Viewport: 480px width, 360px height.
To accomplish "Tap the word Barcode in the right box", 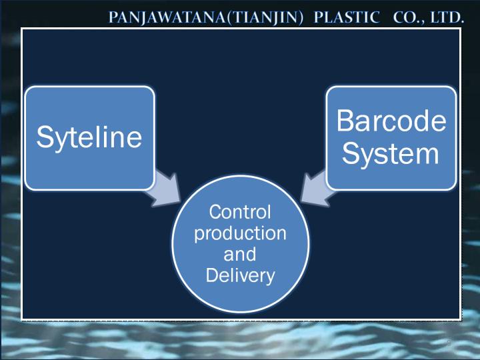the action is [x=391, y=121].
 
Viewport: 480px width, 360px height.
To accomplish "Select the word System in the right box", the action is [x=391, y=154].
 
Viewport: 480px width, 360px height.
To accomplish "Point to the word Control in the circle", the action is [x=240, y=212].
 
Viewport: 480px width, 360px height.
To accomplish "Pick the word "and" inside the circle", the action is [x=240, y=254].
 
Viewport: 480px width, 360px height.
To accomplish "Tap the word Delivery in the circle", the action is [x=240, y=276].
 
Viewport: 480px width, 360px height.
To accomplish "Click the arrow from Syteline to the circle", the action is [x=164, y=191].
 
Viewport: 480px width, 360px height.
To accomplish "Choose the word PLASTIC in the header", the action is [x=347, y=17].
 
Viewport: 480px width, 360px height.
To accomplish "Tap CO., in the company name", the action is [x=409, y=17].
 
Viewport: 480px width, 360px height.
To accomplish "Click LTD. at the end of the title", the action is [x=447, y=17].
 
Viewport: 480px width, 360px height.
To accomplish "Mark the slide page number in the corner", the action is [x=449, y=343].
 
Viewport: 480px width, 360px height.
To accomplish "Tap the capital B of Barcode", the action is [x=345, y=121].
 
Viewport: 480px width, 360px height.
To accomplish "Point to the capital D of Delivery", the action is [x=213, y=275].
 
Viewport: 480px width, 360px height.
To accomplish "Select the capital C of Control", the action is [x=216, y=212].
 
